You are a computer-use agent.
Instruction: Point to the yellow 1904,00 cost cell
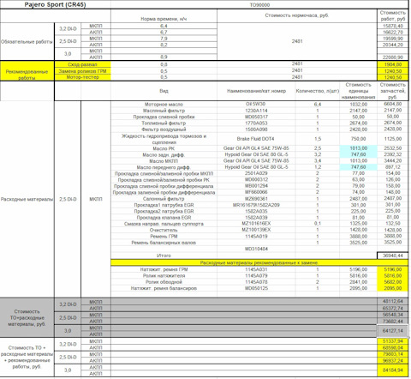point(393,64)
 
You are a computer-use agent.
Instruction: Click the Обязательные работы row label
point(27,40)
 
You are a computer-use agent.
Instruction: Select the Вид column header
point(164,90)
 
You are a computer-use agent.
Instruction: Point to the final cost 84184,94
point(391,370)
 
